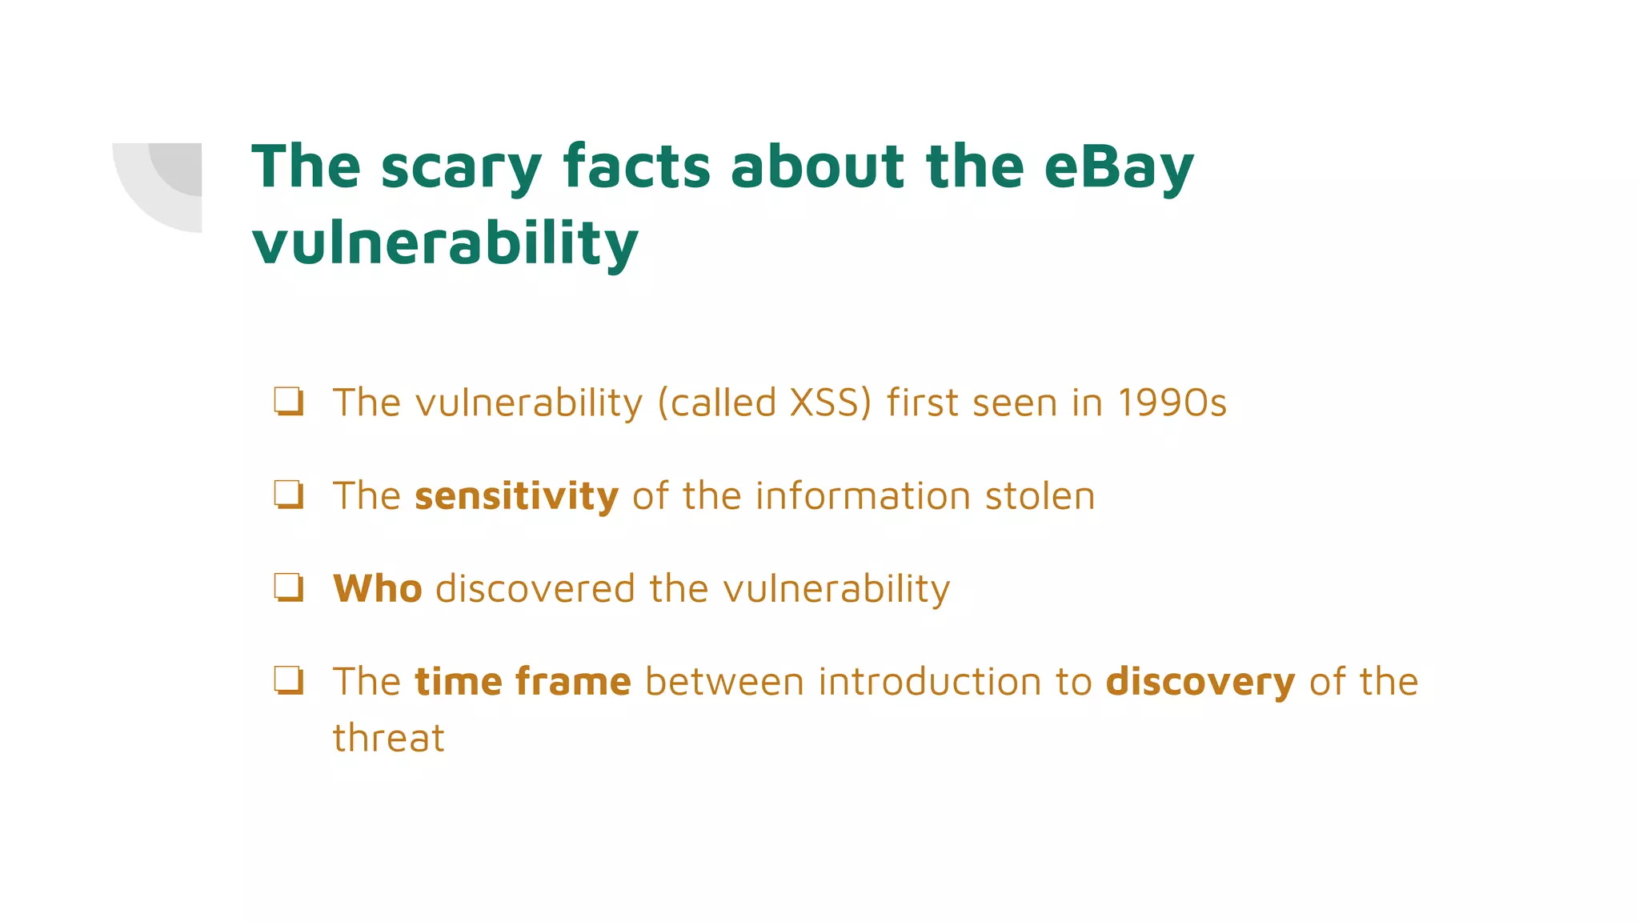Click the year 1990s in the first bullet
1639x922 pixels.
point(1172,403)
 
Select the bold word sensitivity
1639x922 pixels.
point(516,496)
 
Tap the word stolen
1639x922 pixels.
point(1040,496)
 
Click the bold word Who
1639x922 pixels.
point(377,589)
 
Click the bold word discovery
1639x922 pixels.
point(1200,682)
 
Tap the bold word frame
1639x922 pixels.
point(573,682)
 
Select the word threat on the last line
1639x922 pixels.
point(388,738)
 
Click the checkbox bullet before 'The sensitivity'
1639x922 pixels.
point(289,495)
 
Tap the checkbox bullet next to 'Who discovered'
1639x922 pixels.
point(289,587)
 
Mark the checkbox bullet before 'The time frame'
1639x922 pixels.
point(289,680)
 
